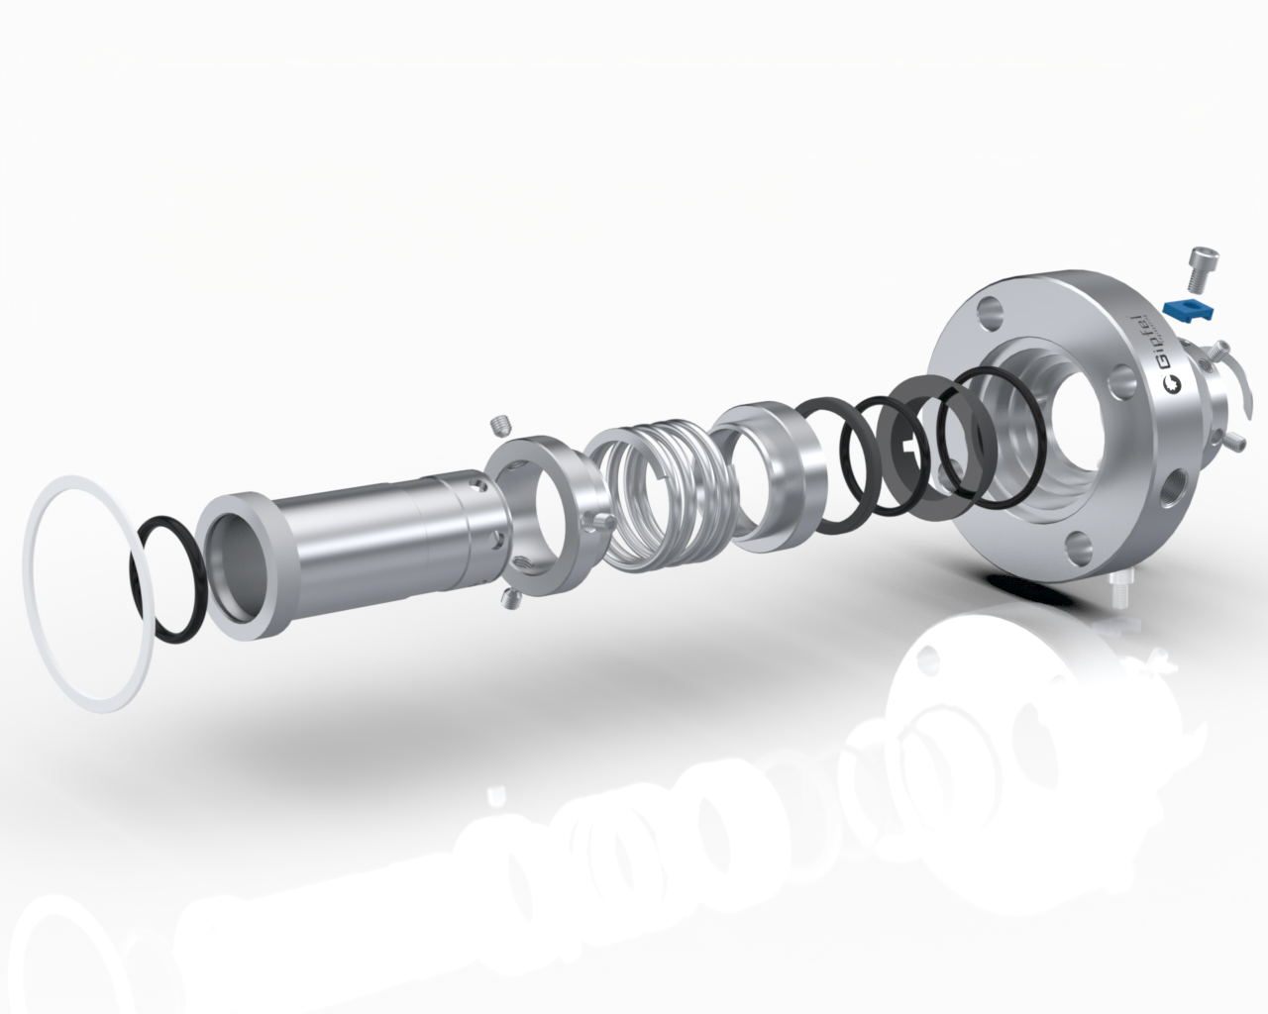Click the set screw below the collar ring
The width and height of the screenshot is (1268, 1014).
(510, 600)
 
